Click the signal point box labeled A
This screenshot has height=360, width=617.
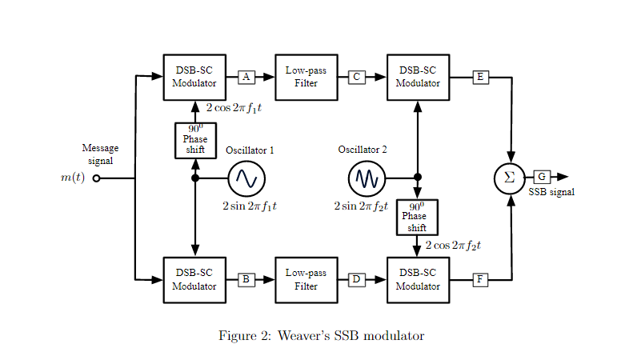tap(246, 77)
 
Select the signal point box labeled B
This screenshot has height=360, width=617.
tap(246, 279)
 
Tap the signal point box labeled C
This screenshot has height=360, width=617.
tap(358, 77)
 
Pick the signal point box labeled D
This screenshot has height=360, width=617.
tap(357, 279)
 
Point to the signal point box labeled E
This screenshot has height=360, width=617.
tap(480, 77)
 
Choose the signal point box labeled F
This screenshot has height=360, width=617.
tap(480, 279)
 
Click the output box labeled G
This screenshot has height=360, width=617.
tap(542, 177)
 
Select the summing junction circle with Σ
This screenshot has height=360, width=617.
tap(510, 178)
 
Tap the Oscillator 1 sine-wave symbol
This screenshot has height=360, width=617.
tap(246, 178)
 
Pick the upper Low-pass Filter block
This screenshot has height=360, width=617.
tap(306, 77)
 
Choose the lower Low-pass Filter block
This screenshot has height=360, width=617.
tap(306, 279)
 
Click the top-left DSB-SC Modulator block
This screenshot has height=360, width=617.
tap(194, 77)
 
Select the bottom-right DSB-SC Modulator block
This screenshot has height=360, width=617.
tap(418, 279)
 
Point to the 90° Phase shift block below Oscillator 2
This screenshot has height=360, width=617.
tap(417, 217)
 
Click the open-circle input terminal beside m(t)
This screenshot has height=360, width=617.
tap(97, 178)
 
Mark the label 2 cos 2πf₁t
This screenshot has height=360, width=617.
tap(234, 107)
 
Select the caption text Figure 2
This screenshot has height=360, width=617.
tap(321, 336)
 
